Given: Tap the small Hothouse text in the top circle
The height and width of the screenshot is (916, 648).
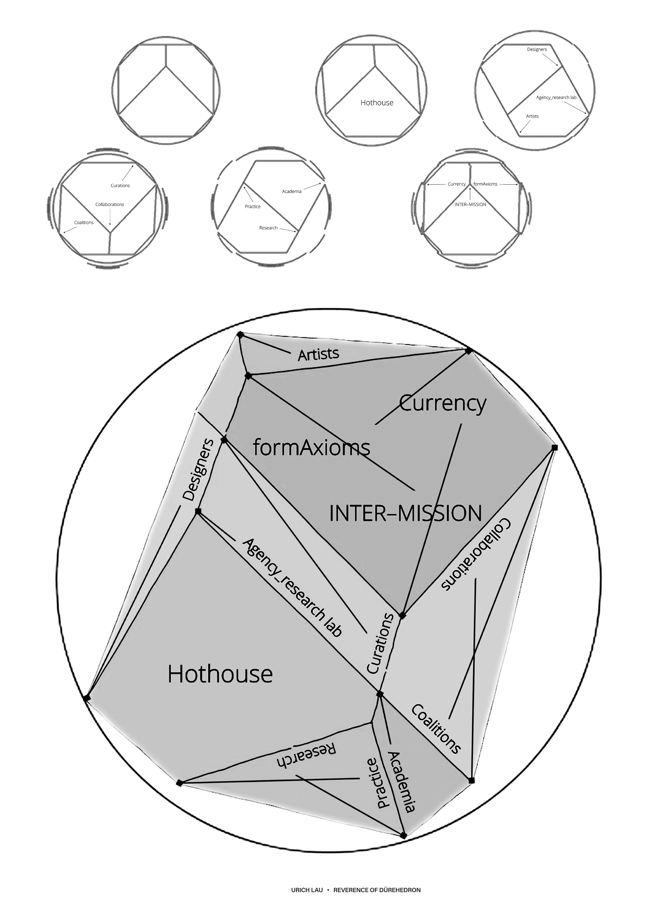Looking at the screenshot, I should point(377,103).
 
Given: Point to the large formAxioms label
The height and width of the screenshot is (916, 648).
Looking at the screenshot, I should point(312,448).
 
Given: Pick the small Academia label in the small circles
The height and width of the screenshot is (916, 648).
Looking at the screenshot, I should point(292,191).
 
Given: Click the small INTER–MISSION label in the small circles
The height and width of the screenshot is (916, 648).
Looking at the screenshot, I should point(470,204).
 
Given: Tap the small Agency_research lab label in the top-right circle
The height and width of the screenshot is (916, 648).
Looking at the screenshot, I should point(556,97).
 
